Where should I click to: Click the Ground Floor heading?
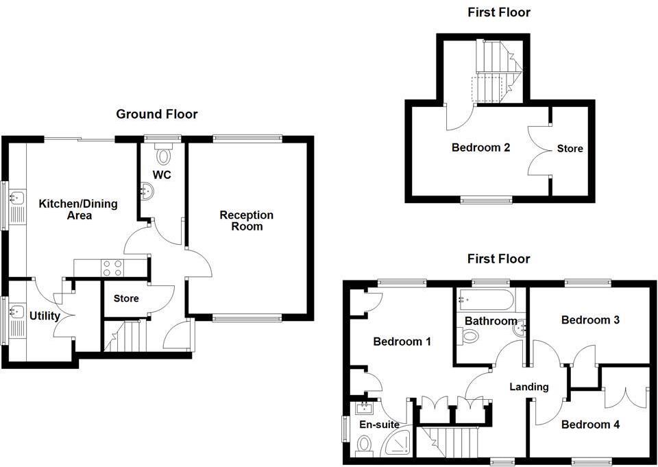pyautogui.click(x=156, y=115)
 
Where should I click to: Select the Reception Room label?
pyautogui.click(x=246, y=220)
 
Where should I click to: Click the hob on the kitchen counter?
pyautogui.click(x=112, y=267)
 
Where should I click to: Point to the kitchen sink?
pyautogui.click(x=16, y=200)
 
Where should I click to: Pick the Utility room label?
pyautogui.click(x=45, y=316)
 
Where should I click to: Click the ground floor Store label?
pyautogui.click(x=126, y=298)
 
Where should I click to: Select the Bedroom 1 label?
pyautogui.click(x=402, y=341)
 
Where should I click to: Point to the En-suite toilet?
pyautogui.click(x=365, y=446)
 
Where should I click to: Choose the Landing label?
pyautogui.click(x=529, y=387)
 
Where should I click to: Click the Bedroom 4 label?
pyautogui.click(x=590, y=424)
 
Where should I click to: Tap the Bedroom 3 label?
pyautogui.click(x=590, y=320)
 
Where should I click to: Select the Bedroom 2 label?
pyautogui.click(x=480, y=147)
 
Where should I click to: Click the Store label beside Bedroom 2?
pyautogui.click(x=570, y=148)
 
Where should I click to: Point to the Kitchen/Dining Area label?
pyautogui.click(x=77, y=209)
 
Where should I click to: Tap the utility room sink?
pyautogui.click(x=16, y=312)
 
